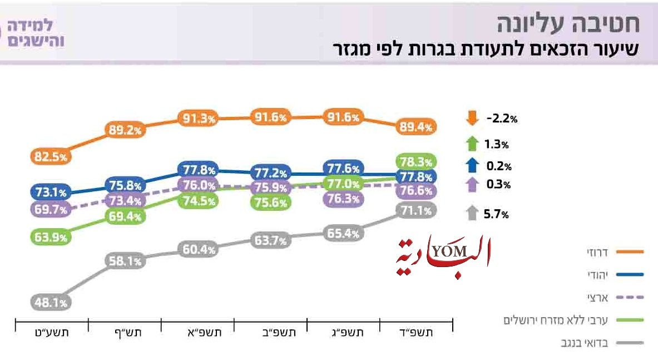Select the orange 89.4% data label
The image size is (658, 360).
tap(416, 128)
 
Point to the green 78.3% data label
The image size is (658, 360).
tap(416, 162)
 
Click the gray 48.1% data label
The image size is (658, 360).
tap(49, 303)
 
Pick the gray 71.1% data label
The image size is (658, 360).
tap(416, 210)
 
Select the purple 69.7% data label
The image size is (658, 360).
tap(49, 210)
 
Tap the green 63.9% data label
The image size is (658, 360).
tap(49, 237)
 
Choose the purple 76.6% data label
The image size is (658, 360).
tap(416, 191)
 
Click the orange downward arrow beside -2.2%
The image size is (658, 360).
tap(472, 119)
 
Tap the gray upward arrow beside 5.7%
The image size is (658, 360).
tap(472, 213)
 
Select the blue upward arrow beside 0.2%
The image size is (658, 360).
tap(472, 165)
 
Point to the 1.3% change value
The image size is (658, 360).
tap(497, 145)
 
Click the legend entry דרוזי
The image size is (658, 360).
tap(600, 252)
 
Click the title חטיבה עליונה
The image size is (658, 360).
tap(567, 24)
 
